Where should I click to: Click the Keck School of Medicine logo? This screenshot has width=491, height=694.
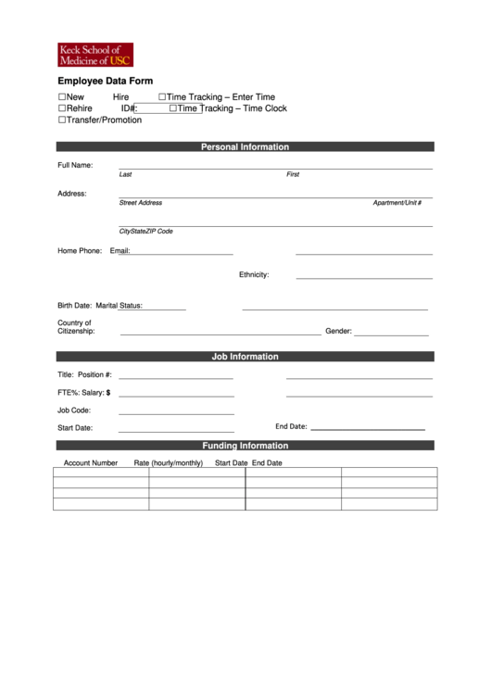pos(94,55)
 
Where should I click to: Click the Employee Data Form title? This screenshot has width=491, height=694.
pos(105,82)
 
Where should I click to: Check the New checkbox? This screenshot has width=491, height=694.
pos(63,97)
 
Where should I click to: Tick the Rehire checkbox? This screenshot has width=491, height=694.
pos(63,108)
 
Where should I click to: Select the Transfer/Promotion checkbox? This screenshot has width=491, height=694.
pos(63,120)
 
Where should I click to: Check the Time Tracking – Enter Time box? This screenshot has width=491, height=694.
pos(162,97)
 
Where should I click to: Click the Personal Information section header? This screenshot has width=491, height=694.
pos(245,146)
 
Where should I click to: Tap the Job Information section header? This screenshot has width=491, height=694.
pos(245,357)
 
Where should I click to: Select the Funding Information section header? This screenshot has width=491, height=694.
pos(245,446)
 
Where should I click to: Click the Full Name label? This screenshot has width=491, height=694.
pos(75,165)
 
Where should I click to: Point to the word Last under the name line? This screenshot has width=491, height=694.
pos(125,174)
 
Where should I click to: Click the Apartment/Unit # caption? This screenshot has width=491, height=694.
pos(397,203)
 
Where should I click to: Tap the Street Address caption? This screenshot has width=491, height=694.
pos(140,203)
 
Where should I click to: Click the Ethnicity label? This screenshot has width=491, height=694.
pos(254,274)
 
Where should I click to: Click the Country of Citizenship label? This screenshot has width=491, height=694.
pos(76,327)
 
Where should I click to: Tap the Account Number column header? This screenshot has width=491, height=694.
pos(90,462)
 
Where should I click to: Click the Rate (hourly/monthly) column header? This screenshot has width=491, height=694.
pos(168,462)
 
